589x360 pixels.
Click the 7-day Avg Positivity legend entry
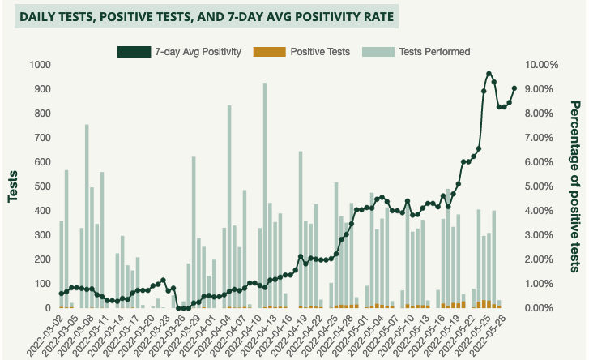[179, 52]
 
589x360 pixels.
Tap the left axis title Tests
[14, 186]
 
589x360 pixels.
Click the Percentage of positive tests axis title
[575, 186]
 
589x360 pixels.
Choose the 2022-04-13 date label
[253, 334]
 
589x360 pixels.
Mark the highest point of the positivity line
[489, 74]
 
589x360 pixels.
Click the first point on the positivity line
[61, 294]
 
